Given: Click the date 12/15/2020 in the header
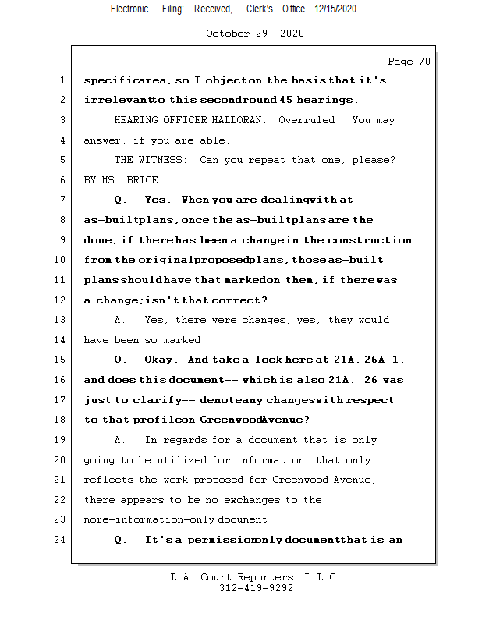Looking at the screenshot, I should pyautogui.click(x=336, y=9).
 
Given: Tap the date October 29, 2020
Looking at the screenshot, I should pyautogui.click(x=255, y=34).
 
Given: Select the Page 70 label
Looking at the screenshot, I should pyautogui.click(x=409, y=62).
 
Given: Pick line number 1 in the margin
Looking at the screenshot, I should pyautogui.click(x=62, y=80).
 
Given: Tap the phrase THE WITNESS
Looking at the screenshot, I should pyautogui.click(x=151, y=160).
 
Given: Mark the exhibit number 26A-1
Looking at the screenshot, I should pyautogui.click(x=385, y=360).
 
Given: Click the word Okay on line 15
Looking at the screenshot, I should pyautogui.click(x=161, y=360).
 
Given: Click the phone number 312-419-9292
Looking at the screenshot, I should pyautogui.click(x=256, y=588).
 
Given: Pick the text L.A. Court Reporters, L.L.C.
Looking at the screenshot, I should pyautogui.click(x=256, y=577).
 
